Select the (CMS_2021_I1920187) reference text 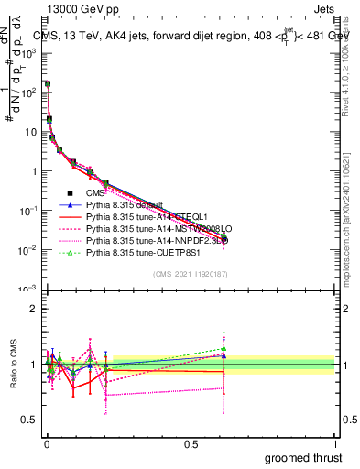(191, 275)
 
